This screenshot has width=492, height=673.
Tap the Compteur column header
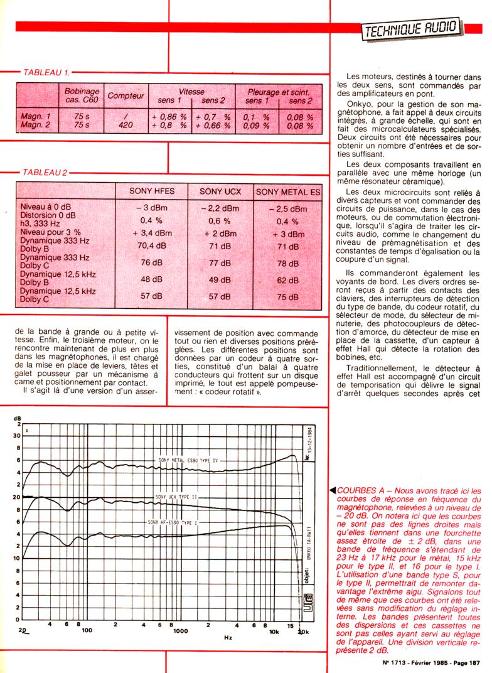pos(126,96)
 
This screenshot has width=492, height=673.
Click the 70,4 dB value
pos(151,245)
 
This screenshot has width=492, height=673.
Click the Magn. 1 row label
pos(36,117)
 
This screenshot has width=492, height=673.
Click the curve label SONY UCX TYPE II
pos(176,496)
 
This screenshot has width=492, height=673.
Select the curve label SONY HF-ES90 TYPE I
pos(171,522)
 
